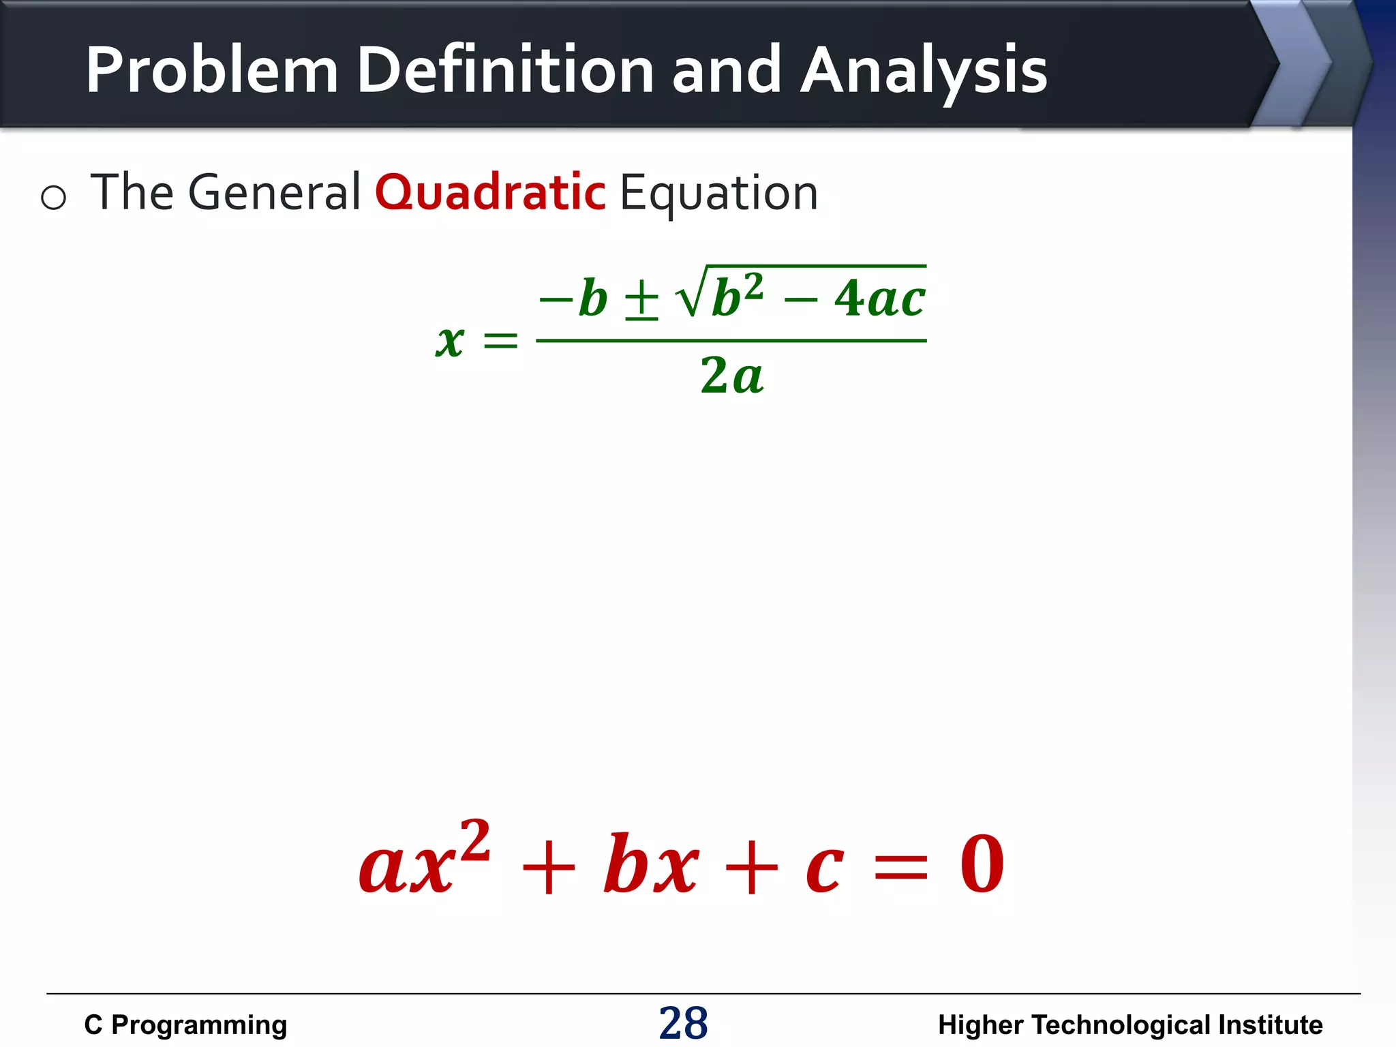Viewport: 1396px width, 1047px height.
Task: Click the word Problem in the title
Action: (211, 70)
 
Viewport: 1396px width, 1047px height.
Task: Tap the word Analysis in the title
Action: (924, 70)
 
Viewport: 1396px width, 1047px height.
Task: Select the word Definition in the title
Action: (505, 70)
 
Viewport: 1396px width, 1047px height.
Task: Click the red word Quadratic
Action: (490, 193)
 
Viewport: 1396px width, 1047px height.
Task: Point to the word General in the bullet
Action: (273, 193)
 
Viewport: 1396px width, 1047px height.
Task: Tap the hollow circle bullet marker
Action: (53, 198)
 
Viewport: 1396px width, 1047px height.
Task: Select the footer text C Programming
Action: (185, 1025)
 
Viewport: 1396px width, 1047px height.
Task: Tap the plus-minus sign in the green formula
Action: (641, 300)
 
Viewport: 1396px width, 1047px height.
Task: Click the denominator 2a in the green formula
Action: (731, 376)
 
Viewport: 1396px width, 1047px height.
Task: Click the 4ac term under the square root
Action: (879, 299)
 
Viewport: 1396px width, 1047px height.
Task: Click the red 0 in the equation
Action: (982, 864)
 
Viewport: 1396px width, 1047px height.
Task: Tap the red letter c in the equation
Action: (824, 869)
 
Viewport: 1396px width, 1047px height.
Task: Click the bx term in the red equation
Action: (651, 864)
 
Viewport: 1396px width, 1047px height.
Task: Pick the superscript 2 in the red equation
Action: (475, 840)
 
